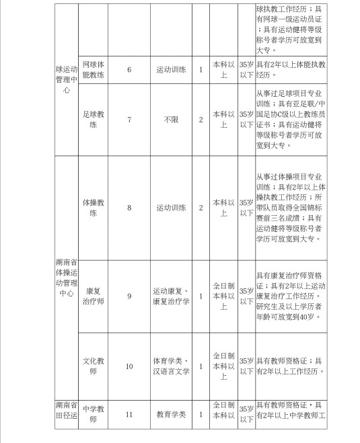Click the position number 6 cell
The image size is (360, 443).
pyautogui.click(x=129, y=70)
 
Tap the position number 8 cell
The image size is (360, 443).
pyautogui.click(x=129, y=208)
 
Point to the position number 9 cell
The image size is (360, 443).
pyautogui.click(x=129, y=296)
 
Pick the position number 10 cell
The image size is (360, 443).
pyautogui.click(x=129, y=366)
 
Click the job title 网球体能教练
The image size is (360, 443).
pyautogui.click(x=94, y=70)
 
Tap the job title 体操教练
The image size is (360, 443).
pyautogui.click(x=94, y=208)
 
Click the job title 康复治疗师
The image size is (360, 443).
pyautogui.click(x=94, y=296)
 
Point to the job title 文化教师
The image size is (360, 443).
pyautogui.click(x=94, y=366)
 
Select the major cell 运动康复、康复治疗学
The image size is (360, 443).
pyautogui.click(x=171, y=296)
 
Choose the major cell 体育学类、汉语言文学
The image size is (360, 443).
pyautogui.click(x=171, y=366)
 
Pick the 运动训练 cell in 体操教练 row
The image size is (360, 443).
pyautogui.click(x=171, y=208)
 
